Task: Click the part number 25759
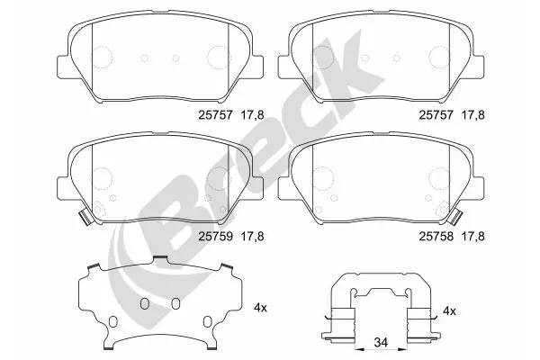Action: pyautogui.click(x=216, y=237)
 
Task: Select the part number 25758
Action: pyautogui.click(x=436, y=237)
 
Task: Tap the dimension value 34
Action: pyautogui.click(x=381, y=342)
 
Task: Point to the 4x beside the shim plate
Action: pyautogui.click(x=260, y=308)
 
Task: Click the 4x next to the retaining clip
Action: pyautogui.click(x=449, y=311)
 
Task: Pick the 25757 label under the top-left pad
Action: pyautogui.click(x=216, y=114)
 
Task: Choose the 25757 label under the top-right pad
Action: pyautogui.click(x=436, y=114)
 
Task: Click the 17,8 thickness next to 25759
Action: pyautogui.click(x=252, y=237)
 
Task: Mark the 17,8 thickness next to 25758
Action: pyautogui.click(x=472, y=237)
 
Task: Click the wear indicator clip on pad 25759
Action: pyautogui.click(x=85, y=218)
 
